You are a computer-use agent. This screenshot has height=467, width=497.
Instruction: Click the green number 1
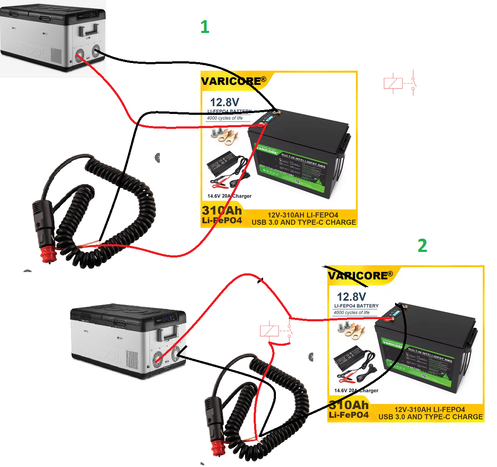[x=205, y=27]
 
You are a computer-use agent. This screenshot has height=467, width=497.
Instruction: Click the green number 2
[x=422, y=246]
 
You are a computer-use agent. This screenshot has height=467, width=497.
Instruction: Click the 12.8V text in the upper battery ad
[x=225, y=102]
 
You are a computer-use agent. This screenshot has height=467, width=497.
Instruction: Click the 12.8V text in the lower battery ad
[x=351, y=296]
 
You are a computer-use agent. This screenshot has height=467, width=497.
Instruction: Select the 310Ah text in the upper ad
[x=222, y=210]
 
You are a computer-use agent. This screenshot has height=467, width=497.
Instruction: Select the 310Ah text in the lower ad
[x=349, y=405]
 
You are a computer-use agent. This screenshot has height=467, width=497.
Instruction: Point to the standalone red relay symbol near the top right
[x=400, y=83]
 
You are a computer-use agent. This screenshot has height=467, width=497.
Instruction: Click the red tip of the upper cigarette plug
[x=48, y=253]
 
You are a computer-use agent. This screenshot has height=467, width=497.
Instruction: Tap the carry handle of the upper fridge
[x=89, y=30]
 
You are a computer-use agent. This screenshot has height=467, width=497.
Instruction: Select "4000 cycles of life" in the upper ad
[x=225, y=118]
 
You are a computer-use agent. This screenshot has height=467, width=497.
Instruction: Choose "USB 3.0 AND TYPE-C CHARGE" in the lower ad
[x=431, y=417]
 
